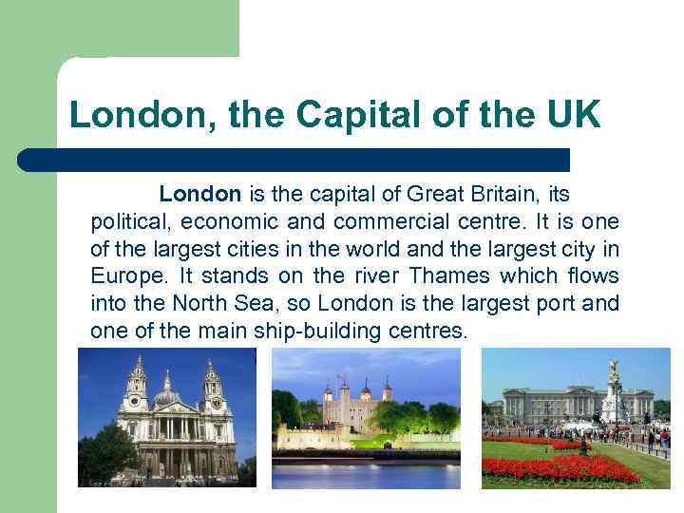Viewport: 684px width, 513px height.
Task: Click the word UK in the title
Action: point(573,116)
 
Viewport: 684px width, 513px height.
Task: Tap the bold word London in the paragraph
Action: point(199,195)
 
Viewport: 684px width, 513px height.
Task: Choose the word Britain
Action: point(496,195)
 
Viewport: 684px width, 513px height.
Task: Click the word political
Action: point(126,222)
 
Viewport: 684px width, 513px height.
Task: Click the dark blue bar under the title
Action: point(294,160)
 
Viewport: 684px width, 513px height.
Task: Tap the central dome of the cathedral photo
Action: point(167,387)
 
